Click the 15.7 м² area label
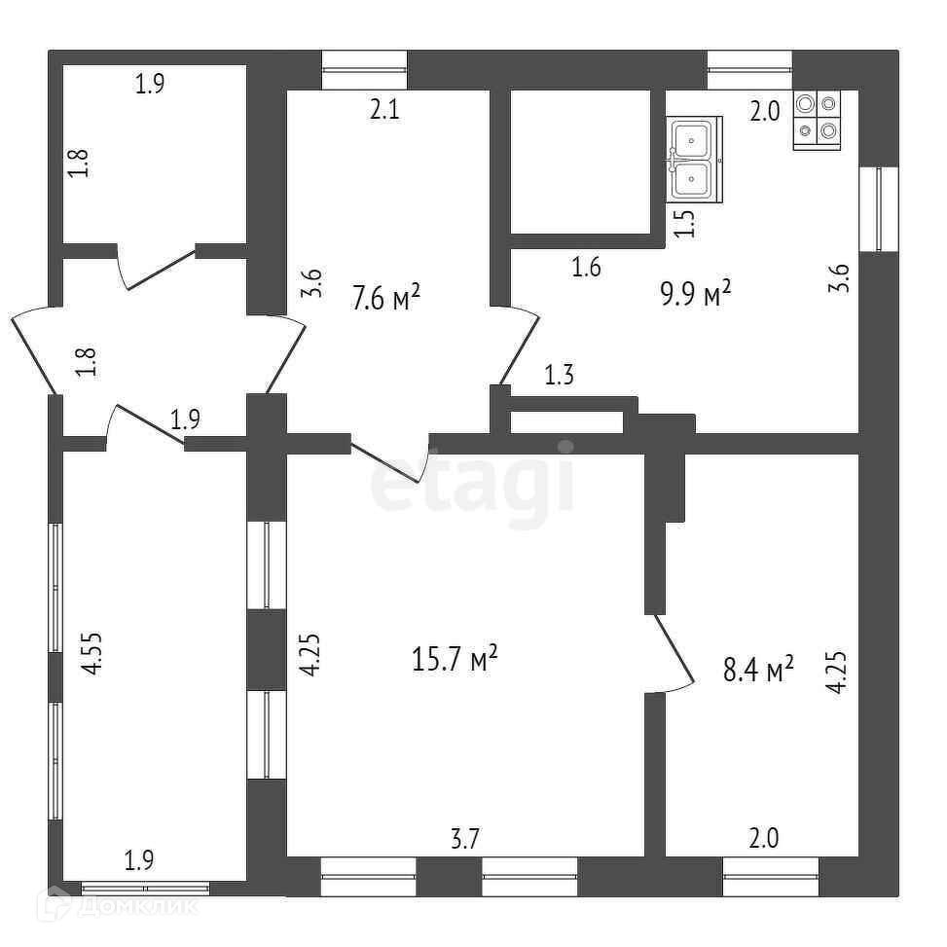455,660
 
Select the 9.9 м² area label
695,293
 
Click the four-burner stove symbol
817,120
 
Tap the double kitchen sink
694,160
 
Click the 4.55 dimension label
91,654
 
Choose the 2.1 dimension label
384,110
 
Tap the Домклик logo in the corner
117,905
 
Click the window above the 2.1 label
364,68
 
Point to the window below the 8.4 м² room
771,875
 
